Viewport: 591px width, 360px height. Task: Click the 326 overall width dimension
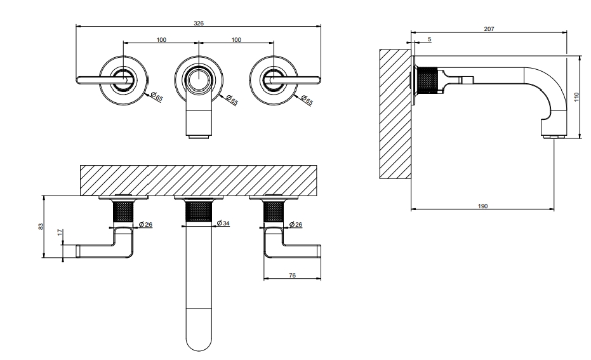(198, 22)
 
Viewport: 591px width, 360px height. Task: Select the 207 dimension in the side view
(488, 29)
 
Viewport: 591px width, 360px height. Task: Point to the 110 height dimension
(576, 96)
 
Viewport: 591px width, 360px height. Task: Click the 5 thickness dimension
(430, 39)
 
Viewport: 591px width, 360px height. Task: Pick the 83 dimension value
(41, 227)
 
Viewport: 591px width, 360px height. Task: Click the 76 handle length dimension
(292, 275)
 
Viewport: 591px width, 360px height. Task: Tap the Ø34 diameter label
(223, 223)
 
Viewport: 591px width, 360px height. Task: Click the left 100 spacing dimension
(161, 40)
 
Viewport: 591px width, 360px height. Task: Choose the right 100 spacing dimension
(236, 40)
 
